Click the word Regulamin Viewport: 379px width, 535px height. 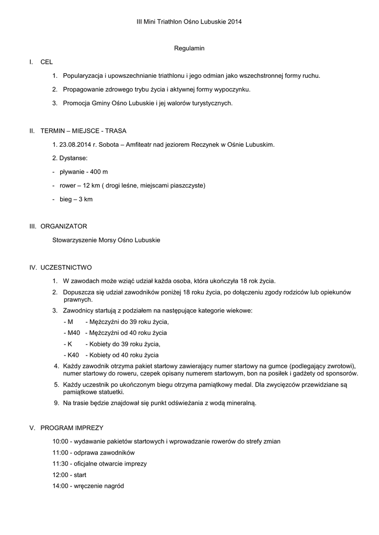[x=189, y=48]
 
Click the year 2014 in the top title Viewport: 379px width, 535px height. [x=235, y=21]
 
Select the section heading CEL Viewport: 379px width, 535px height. [x=47, y=62]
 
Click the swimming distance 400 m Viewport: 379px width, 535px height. [x=99, y=172]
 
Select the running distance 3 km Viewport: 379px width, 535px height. [x=85, y=199]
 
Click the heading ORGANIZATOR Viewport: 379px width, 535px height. [x=64, y=226]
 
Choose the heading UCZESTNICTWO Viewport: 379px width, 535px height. [x=66, y=267]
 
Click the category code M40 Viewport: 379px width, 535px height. [x=72, y=333]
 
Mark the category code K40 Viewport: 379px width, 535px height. [x=72, y=355]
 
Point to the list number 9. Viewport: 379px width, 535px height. [x=56, y=403]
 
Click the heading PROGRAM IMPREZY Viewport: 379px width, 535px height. [x=72, y=427]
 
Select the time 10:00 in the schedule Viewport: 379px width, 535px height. [x=60, y=441]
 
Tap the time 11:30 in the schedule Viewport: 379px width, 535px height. [x=60, y=463]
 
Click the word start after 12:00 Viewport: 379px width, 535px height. [x=80, y=475]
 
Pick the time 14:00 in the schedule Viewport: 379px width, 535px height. [x=60, y=486]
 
